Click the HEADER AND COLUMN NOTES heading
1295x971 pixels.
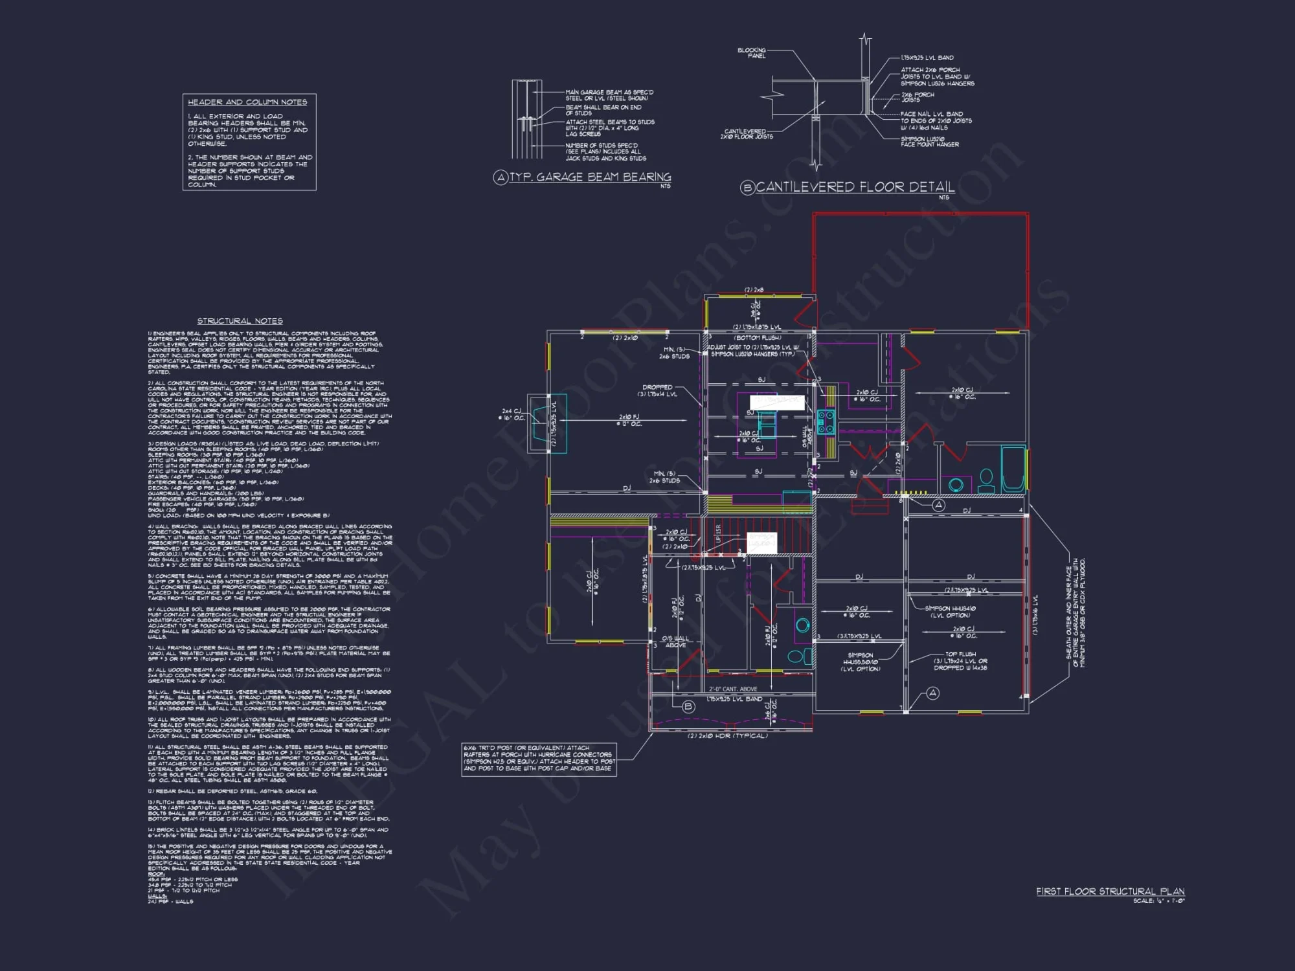click(x=247, y=102)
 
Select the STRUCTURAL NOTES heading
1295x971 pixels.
click(x=240, y=321)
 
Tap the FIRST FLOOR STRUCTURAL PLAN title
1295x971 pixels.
click(x=1110, y=891)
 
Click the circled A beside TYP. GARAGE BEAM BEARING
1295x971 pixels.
click(x=501, y=177)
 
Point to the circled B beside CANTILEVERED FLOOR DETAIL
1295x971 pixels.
click(x=747, y=188)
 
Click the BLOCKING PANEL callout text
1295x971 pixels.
click(x=752, y=53)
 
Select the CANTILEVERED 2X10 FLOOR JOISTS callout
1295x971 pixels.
click(x=746, y=134)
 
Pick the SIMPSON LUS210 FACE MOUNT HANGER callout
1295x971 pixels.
click(x=929, y=142)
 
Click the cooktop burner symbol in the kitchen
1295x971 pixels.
click(x=826, y=422)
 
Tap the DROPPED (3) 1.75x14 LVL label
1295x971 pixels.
click(x=658, y=390)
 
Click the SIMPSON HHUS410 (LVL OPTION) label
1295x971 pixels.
click(x=950, y=612)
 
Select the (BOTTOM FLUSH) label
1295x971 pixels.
click(x=757, y=338)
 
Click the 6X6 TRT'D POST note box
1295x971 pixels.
click(x=539, y=759)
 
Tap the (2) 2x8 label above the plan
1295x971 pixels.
click(x=754, y=290)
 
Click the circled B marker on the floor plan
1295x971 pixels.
click(x=688, y=706)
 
